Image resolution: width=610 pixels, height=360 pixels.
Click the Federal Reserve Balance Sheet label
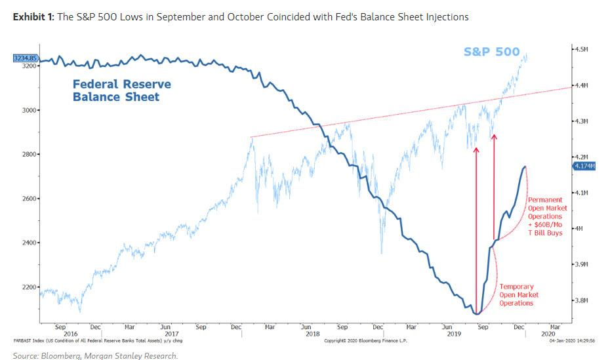[x=121, y=90]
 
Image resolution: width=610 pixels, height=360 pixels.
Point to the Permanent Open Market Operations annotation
[x=545, y=216]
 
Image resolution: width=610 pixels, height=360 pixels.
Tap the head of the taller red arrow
[x=476, y=149]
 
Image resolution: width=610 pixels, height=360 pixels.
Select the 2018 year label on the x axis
[x=308, y=333]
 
